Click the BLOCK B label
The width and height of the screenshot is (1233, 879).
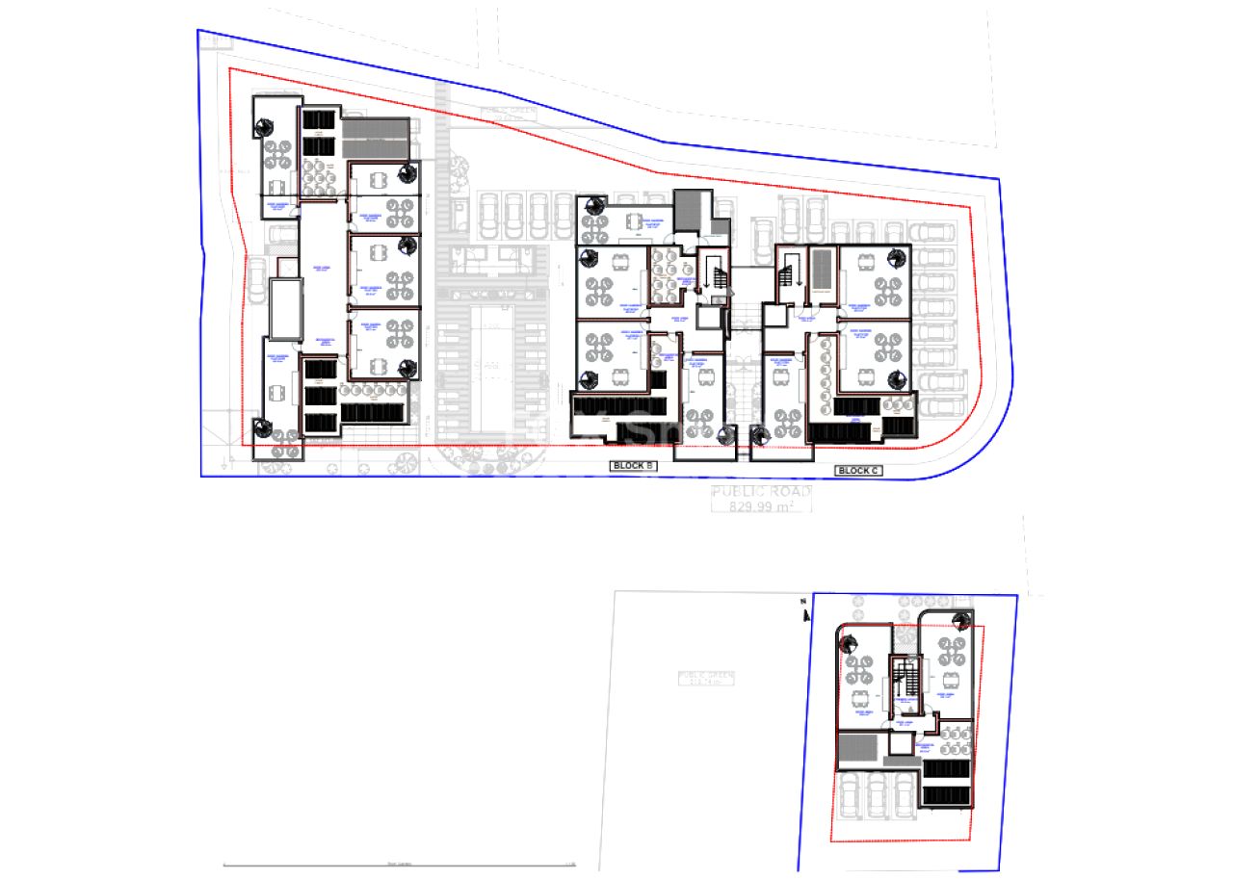(x=634, y=467)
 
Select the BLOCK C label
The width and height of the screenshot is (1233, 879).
(x=857, y=470)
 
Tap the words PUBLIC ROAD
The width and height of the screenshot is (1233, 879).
(x=760, y=492)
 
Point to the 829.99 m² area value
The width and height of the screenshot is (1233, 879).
(x=760, y=505)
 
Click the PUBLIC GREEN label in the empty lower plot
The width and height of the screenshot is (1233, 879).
(x=706, y=678)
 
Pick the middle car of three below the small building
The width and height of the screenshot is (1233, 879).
(x=877, y=794)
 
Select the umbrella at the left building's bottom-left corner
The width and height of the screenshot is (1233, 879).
(x=261, y=428)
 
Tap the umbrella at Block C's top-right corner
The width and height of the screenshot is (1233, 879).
(x=898, y=257)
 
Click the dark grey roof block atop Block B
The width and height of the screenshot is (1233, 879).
(x=689, y=210)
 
